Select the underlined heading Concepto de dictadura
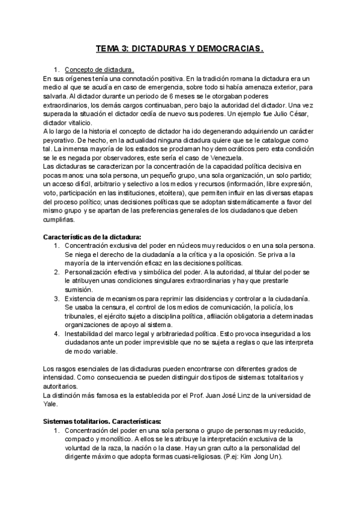coord(98,69)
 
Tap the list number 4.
coord(56,333)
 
